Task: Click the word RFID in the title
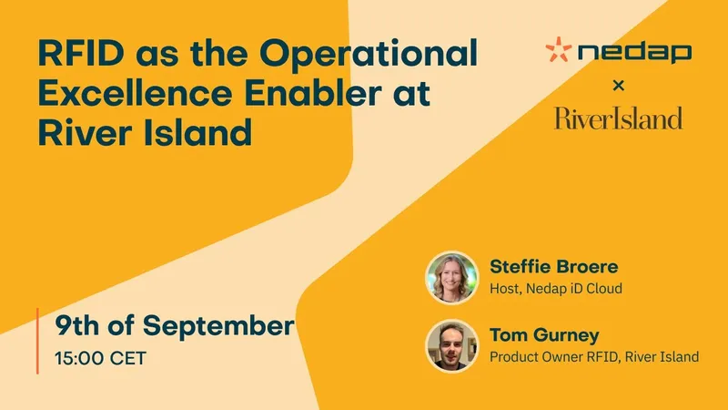point(81,53)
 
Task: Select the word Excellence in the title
point(135,93)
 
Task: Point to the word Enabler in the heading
point(312,93)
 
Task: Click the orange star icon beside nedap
point(558,49)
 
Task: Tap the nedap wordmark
point(634,52)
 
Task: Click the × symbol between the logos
point(619,85)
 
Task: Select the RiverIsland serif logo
point(619,118)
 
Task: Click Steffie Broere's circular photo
point(451,278)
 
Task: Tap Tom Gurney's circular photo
point(451,346)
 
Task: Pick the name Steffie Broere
point(554,266)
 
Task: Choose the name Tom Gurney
point(544,335)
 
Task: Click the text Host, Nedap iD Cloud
point(556,289)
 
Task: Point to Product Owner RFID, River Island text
point(594,357)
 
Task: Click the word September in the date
point(218,326)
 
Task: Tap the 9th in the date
point(77,324)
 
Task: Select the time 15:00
point(79,358)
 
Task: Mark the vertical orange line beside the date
point(37,341)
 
